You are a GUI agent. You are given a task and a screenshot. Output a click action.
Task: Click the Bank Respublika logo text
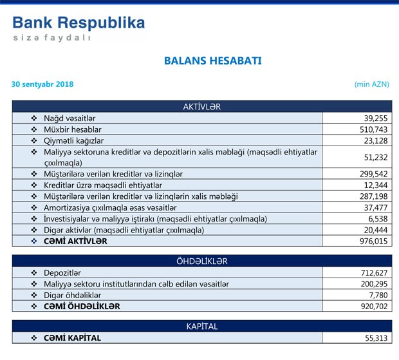tap(79, 23)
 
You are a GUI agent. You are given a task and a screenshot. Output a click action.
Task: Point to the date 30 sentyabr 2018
tap(42, 84)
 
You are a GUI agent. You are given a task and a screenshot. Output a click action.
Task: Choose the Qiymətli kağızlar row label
tap(73, 140)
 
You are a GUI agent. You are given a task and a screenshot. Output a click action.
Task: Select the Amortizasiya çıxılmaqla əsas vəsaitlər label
tap(110, 207)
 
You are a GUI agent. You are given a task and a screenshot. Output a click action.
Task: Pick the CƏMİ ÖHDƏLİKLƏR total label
tap(82, 306)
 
